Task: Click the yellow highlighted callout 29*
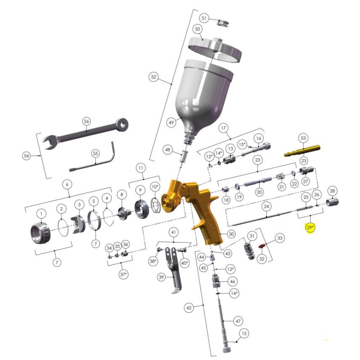[x=310, y=228]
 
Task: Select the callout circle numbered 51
[x=204, y=18]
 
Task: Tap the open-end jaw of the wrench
[x=49, y=142]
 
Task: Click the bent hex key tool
[x=92, y=157]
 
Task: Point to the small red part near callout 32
[x=261, y=246]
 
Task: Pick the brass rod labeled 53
[x=302, y=151]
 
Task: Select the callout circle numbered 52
[x=153, y=77]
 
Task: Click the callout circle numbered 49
[x=171, y=122]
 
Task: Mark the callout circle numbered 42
[x=189, y=308]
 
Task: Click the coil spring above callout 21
[x=280, y=177]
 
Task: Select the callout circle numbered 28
[x=332, y=190]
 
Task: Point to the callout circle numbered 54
[x=27, y=156]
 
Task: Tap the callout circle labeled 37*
[x=123, y=274]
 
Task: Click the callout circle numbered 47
[x=238, y=321]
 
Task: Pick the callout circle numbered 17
[x=223, y=128]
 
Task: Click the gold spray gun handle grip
[x=211, y=232]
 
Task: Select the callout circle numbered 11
[x=140, y=168]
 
